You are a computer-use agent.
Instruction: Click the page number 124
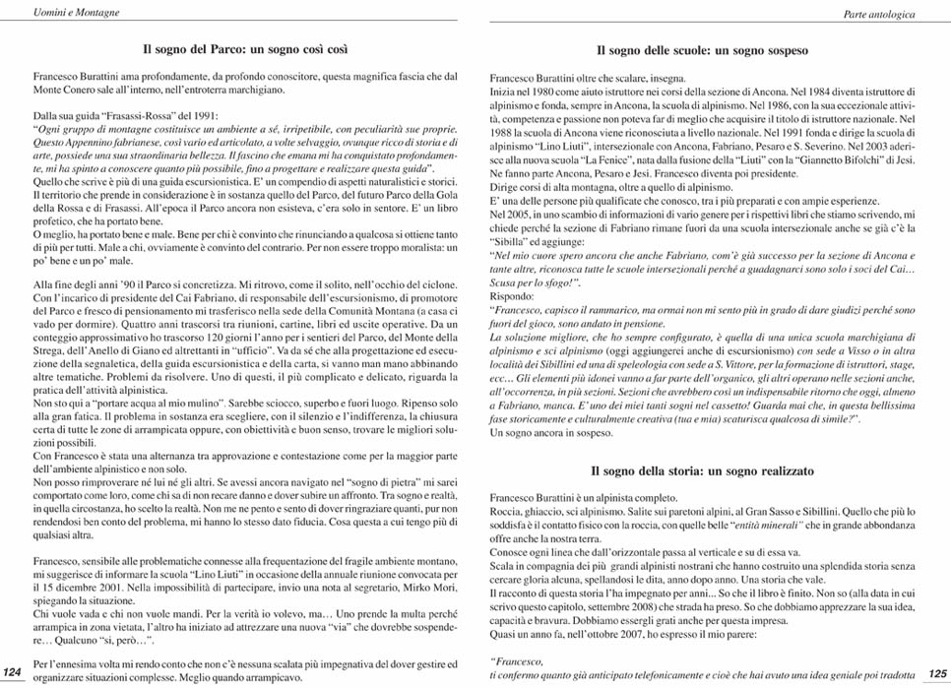tap(12, 670)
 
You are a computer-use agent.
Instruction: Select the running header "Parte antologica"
tap(879, 15)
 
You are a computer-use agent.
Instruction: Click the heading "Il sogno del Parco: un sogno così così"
tap(246, 48)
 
